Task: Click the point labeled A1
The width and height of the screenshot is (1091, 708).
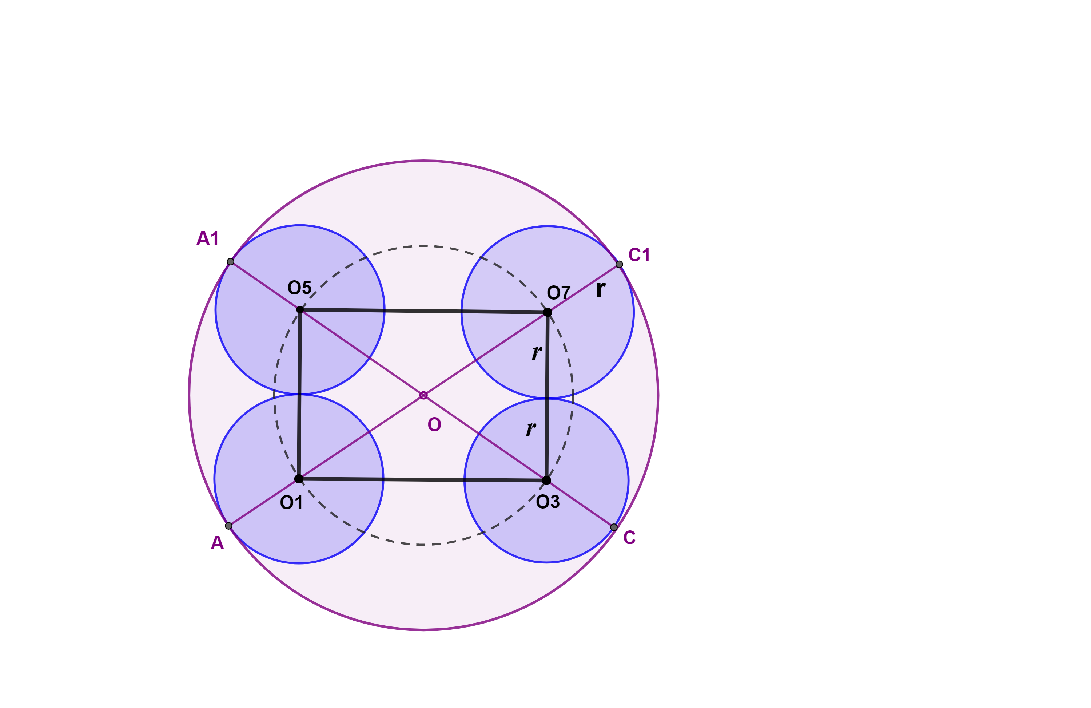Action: pos(231,262)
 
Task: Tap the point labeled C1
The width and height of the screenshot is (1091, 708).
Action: pos(619,264)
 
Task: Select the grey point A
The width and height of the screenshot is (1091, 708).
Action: pos(229,526)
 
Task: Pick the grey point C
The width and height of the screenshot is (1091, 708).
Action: pos(614,527)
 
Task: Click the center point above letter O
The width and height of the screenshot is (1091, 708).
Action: pos(423,395)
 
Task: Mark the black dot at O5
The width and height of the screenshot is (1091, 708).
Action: pos(300,310)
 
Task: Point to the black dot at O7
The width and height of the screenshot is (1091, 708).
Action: pos(548,312)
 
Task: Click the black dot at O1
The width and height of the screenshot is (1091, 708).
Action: pos(299,479)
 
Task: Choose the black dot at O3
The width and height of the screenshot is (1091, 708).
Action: pos(546,480)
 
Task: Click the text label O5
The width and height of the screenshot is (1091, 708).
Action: pos(299,288)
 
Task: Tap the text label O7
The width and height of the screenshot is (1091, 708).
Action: pos(559,293)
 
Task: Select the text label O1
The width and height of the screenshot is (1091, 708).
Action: pos(291,503)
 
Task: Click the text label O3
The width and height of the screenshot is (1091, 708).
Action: pos(548,502)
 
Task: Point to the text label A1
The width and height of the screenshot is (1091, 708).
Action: pos(208,238)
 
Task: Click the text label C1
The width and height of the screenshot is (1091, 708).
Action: pos(639,254)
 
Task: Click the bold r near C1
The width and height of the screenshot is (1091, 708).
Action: pos(601,290)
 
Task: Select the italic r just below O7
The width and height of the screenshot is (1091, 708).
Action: pos(537,352)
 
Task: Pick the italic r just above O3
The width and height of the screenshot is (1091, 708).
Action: pos(531,429)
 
